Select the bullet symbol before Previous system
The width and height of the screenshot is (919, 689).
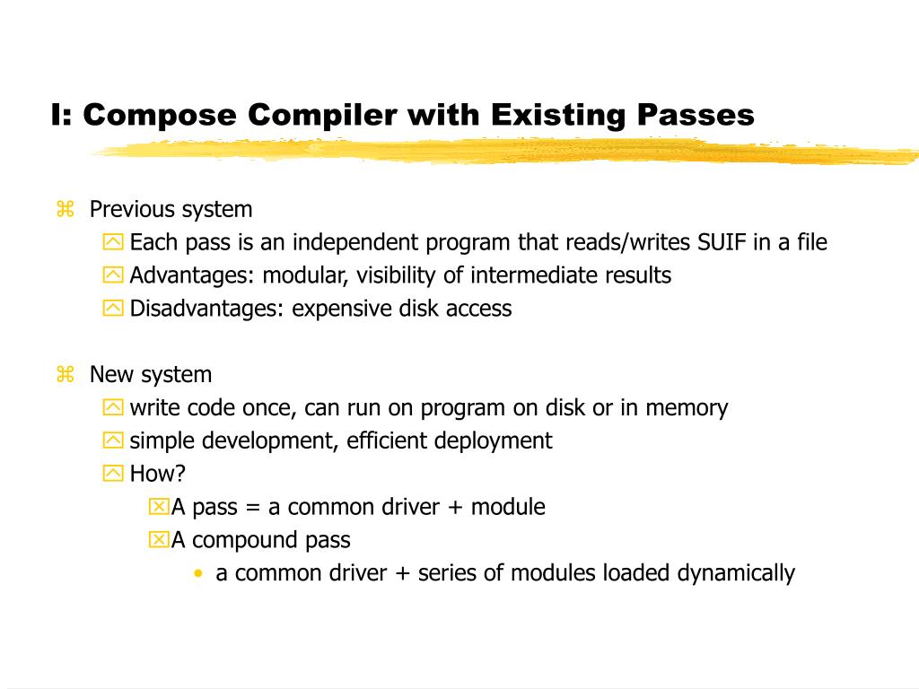coord(65,210)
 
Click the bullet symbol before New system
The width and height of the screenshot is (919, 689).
coord(65,375)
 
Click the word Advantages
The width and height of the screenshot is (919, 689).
coord(192,275)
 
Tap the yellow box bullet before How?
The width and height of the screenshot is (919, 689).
coord(113,474)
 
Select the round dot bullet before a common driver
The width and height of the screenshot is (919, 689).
coord(197,573)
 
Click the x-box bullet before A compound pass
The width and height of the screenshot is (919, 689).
coord(158,540)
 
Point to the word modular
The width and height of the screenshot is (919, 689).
coord(296,275)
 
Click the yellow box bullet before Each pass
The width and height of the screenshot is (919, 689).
coord(113,242)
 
